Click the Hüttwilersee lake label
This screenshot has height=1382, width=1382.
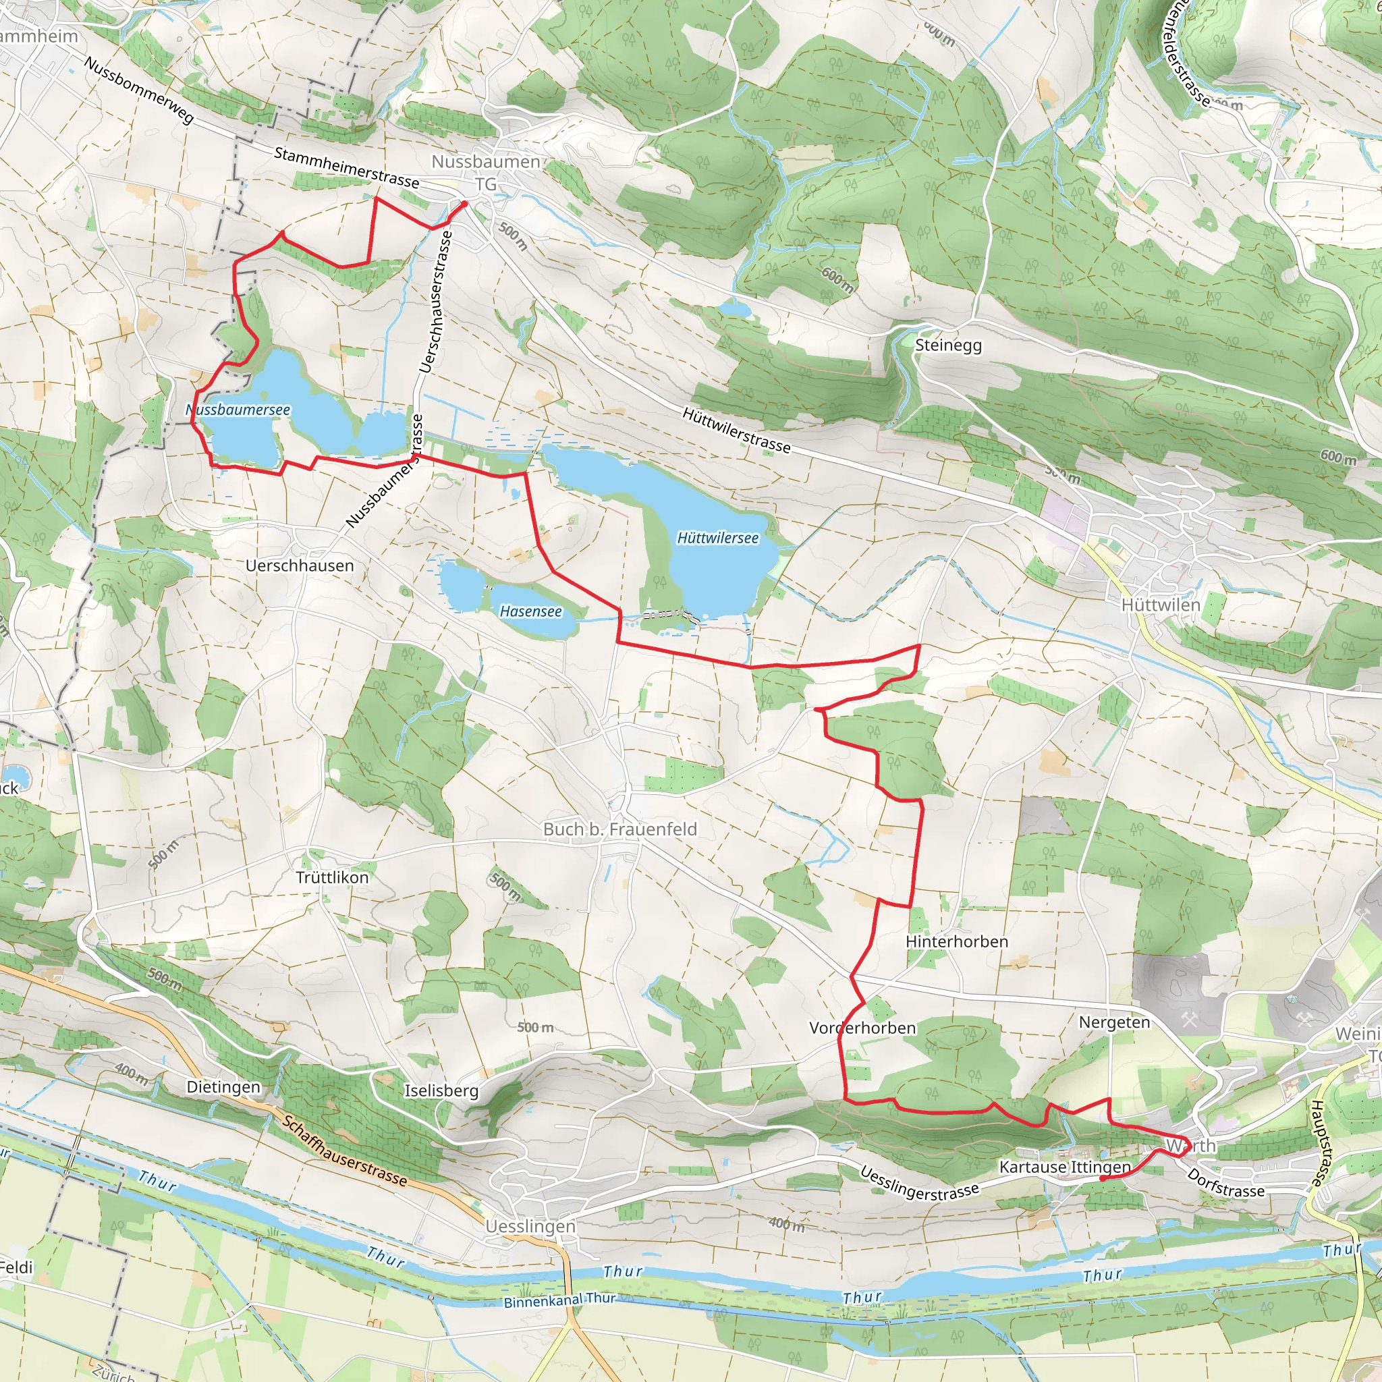click(717, 538)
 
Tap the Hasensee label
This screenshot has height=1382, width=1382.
click(531, 611)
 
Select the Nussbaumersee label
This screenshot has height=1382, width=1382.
click(238, 410)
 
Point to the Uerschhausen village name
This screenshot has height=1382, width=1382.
click(300, 565)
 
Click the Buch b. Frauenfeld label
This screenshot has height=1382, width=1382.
click(620, 829)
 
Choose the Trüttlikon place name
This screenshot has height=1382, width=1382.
click(333, 878)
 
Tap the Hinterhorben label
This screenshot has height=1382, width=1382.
click(957, 941)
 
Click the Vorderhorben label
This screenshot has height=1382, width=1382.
click(862, 1028)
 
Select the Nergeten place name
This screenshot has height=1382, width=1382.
click(1115, 1022)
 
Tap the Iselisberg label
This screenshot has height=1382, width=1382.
click(441, 1091)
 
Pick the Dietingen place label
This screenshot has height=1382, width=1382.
click(224, 1087)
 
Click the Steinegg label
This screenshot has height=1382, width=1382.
click(949, 345)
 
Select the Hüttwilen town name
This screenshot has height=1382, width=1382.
click(1161, 605)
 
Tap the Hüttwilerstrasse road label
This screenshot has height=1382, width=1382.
click(737, 431)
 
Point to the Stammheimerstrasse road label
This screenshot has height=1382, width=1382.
click(347, 167)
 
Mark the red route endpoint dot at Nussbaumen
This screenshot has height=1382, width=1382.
click(464, 204)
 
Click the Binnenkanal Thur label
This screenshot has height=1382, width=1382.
click(560, 1300)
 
